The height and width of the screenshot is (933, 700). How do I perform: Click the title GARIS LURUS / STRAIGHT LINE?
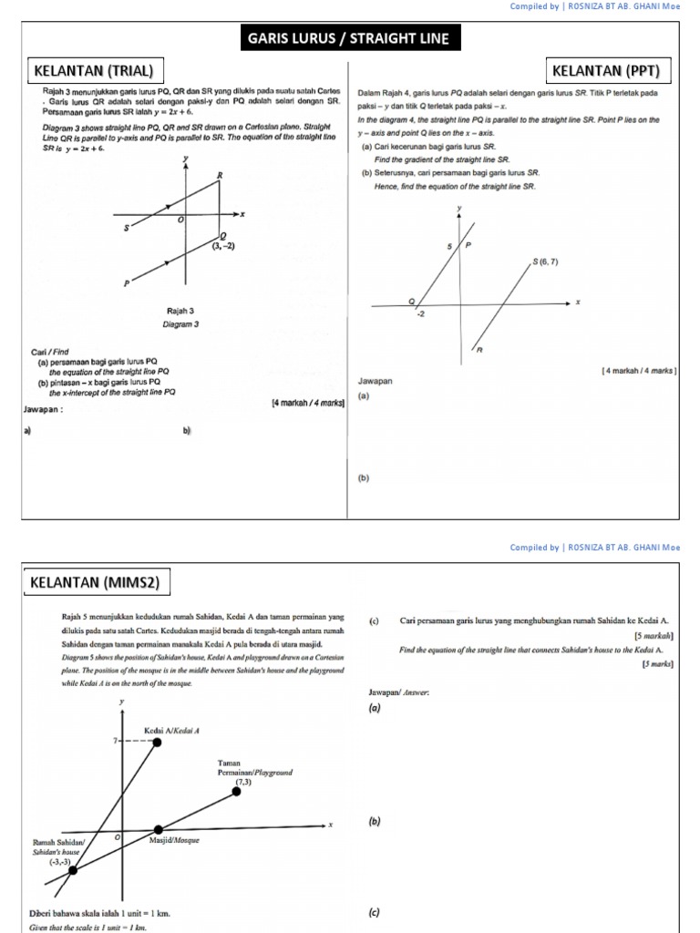(x=349, y=39)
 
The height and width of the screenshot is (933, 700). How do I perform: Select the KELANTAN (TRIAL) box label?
(x=93, y=70)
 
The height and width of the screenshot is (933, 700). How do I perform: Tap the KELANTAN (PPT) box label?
(x=612, y=70)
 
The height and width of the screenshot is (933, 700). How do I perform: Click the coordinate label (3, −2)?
(x=224, y=246)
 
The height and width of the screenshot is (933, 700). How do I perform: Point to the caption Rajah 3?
(x=180, y=312)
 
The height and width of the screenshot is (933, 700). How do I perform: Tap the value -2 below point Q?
(x=421, y=314)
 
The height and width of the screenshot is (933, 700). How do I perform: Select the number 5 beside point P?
(x=449, y=247)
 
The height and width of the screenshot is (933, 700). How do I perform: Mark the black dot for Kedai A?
(x=157, y=743)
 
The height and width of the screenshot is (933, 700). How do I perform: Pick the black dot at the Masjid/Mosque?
(x=159, y=829)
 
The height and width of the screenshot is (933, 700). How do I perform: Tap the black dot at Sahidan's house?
(x=73, y=869)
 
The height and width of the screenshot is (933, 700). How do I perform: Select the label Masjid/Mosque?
(x=174, y=840)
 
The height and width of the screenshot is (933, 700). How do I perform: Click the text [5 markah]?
(x=654, y=635)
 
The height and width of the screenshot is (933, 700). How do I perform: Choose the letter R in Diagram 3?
(x=220, y=174)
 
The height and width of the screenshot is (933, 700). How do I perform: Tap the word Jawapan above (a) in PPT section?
(x=375, y=381)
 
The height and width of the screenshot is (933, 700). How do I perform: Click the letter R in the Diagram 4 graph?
(x=479, y=350)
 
